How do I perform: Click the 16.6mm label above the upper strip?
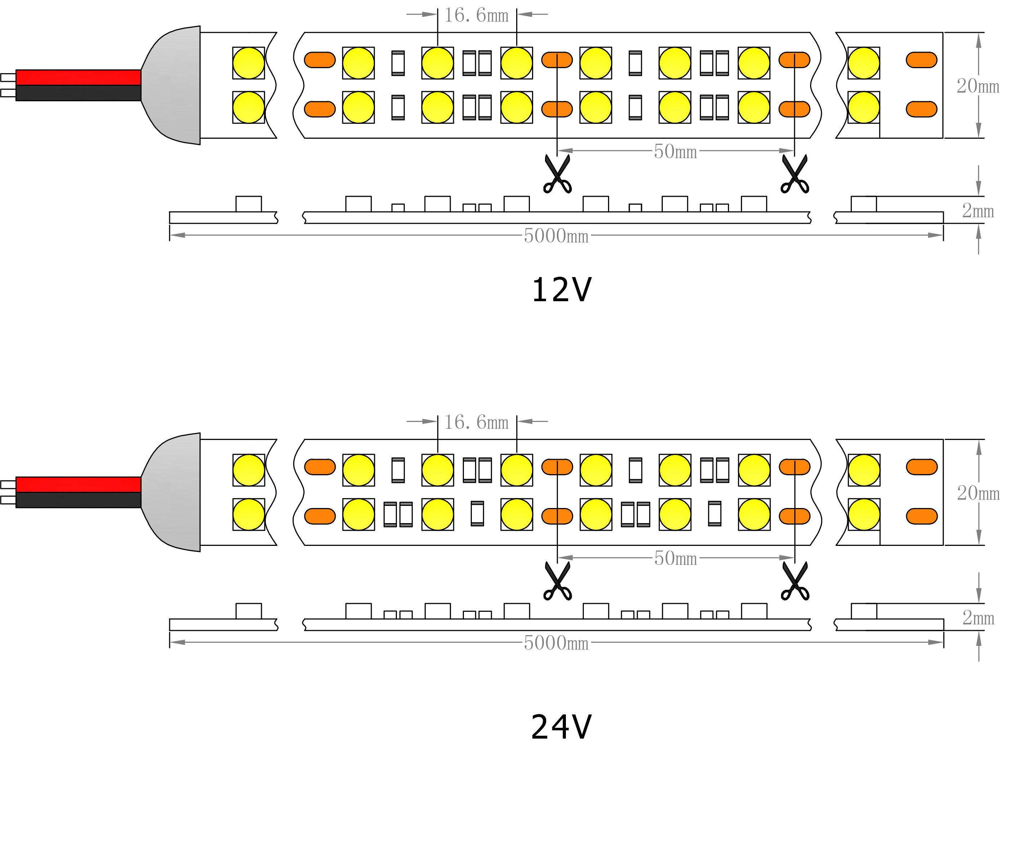click(476, 16)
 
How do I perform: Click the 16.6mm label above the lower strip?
click(476, 423)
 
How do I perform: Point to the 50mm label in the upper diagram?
click(675, 152)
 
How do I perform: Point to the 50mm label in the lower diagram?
click(675, 559)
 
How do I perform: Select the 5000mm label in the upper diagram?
click(556, 236)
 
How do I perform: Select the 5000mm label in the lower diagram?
click(556, 643)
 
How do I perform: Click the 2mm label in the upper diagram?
click(978, 211)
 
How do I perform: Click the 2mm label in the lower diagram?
click(978, 618)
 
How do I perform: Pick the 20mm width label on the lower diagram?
click(978, 493)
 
